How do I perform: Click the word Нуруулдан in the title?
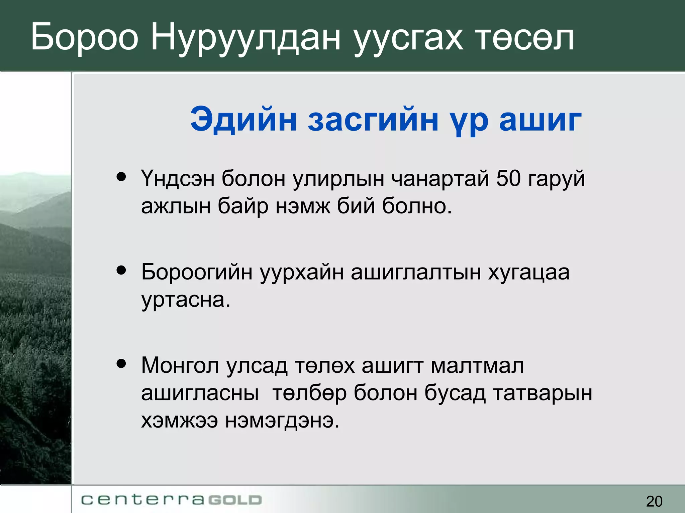coord(246,37)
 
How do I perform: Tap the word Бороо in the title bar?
coord(84,37)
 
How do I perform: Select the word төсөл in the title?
coord(524,37)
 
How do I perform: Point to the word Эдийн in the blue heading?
coord(243,119)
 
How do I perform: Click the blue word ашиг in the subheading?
coord(540,119)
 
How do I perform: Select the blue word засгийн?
coord(373,119)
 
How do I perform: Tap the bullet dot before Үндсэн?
coord(121,176)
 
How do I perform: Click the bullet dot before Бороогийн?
coord(121,270)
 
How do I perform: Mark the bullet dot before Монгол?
coord(121,363)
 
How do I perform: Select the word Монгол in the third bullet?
coord(180,365)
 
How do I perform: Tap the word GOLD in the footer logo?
coord(235,500)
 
